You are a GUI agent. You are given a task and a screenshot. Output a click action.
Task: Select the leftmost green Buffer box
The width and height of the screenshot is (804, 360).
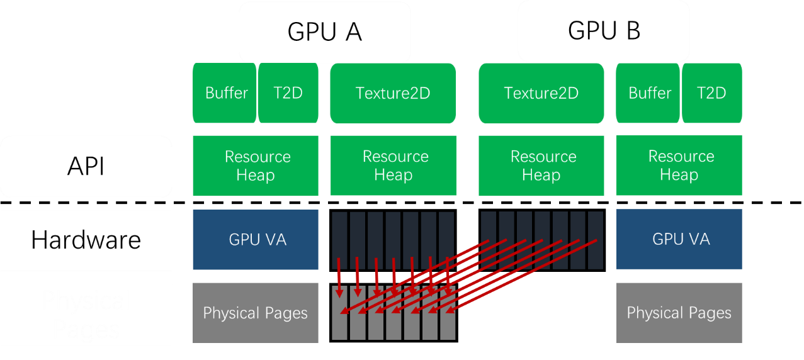(x=225, y=93)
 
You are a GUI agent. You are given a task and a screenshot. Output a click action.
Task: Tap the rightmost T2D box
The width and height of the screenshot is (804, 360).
(x=711, y=93)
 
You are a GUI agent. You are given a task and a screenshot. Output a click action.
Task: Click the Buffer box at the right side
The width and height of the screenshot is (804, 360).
(x=648, y=93)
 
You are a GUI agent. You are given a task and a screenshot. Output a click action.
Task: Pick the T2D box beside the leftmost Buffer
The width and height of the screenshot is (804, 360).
(x=288, y=93)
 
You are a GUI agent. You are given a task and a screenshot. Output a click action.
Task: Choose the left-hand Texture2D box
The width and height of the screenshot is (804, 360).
(x=393, y=93)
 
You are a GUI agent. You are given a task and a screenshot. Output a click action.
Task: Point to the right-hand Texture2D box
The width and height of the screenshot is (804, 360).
(x=541, y=93)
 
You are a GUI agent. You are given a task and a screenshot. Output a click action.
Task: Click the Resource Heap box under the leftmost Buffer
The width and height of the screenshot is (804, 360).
(x=256, y=166)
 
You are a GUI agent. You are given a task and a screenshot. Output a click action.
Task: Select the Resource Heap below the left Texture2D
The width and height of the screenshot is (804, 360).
(x=394, y=166)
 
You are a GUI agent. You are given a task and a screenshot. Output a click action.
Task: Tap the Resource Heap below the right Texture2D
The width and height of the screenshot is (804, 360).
(x=541, y=166)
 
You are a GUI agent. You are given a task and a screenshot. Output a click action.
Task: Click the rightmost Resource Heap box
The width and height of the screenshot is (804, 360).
(x=679, y=166)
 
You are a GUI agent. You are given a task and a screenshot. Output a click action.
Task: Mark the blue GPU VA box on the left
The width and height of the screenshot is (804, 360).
(x=256, y=240)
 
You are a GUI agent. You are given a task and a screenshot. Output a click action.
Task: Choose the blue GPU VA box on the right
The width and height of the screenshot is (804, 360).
(x=679, y=240)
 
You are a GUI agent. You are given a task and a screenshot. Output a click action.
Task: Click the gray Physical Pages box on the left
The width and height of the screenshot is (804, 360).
(x=256, y=313)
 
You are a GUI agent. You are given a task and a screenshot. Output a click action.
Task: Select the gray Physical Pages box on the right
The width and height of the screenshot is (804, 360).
(x=679, y=313)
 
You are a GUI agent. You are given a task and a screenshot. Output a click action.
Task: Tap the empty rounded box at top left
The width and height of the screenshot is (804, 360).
(x=324, y=31)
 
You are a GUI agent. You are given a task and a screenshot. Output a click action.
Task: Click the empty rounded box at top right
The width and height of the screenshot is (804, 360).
(x=603, y=31)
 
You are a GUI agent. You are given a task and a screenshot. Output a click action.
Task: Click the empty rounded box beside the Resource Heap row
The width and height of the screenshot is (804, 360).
(x=86, y=167)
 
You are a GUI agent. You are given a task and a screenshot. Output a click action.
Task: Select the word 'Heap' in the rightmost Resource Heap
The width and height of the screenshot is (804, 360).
(x=679, y=175)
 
